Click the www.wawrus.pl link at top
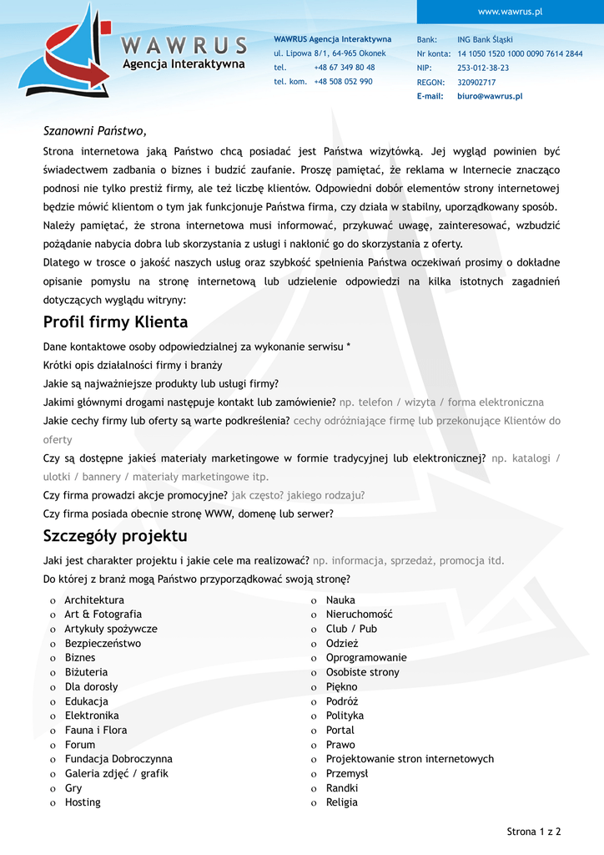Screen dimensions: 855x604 click(510, 12)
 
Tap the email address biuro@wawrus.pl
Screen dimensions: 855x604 click(490, 97)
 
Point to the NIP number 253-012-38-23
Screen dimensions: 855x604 click(483, 68)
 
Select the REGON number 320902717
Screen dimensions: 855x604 click(476, 83)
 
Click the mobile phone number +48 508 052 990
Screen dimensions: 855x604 click(343, 82)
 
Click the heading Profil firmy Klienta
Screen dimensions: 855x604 click(115, 322)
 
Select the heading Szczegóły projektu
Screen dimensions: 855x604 click(115, 536)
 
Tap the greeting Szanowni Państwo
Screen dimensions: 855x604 click(94, 131)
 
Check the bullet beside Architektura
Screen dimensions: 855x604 click(53, 601)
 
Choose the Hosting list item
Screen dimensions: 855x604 click(83, 802)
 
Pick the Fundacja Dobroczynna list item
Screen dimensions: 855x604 click(118, 759)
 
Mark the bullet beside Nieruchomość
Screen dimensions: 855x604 click(314, 615)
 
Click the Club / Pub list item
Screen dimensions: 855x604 click(351, 629)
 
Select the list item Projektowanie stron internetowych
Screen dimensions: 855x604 click(410, 759)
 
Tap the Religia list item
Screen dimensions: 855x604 click(341, 802)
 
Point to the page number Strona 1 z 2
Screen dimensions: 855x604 click(534, 832)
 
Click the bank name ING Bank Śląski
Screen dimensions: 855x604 click(485, 39)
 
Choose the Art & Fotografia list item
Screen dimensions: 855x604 click(103, 615)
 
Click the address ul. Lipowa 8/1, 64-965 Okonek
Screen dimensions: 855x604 click(330, 53)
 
